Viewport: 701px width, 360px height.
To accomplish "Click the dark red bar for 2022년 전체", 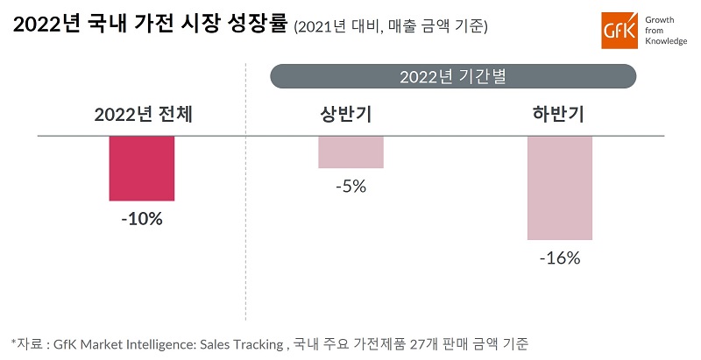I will click(141, 168).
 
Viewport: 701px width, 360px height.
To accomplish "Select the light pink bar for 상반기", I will click(350, 152).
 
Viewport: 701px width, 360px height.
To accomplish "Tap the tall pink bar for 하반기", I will click(560, 187).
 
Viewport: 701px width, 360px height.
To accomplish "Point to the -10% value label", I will click(142, 219).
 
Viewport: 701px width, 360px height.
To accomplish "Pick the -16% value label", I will click(560, 258).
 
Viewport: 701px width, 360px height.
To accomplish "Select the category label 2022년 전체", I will click(143, 114).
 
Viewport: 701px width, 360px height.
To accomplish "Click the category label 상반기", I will click(350, 114).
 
